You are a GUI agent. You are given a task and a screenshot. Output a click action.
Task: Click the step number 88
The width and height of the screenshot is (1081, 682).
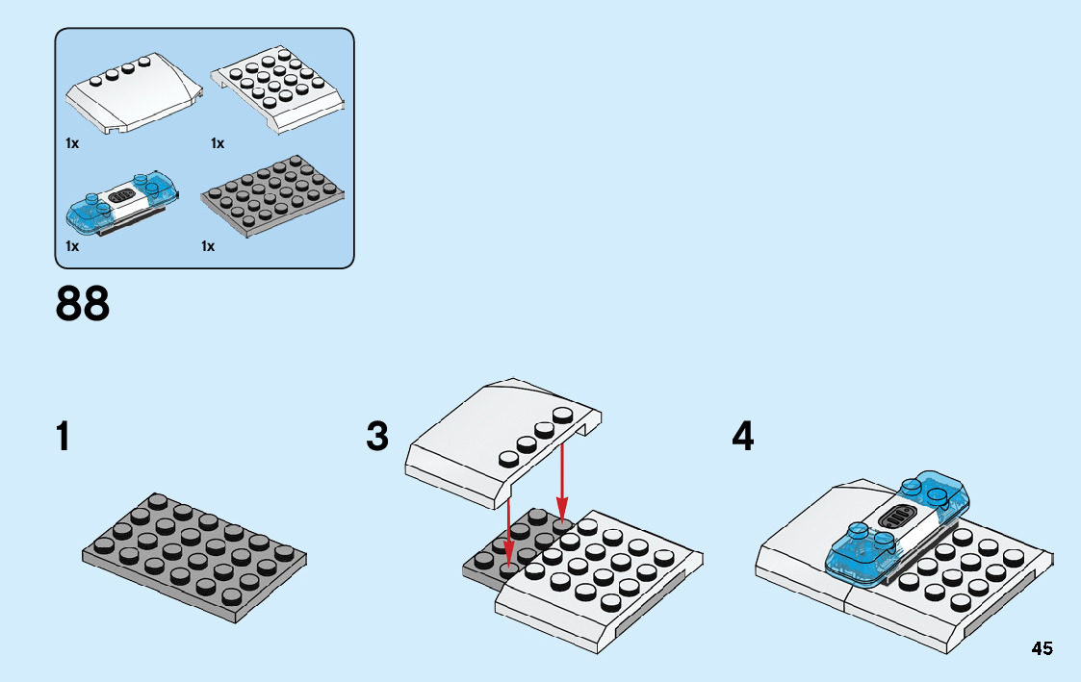[x=83, y=304]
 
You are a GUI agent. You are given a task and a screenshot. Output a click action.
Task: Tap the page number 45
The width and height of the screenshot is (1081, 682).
[x=1042, y=648]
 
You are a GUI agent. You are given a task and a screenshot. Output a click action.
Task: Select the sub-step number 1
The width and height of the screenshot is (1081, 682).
[x=64, y=438]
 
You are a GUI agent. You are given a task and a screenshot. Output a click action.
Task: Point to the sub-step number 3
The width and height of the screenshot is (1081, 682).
[x=377, y=438]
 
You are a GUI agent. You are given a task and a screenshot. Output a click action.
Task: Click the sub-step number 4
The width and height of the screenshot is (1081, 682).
[x=742, y=438]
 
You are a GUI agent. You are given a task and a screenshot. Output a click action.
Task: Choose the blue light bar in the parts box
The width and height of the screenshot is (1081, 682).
[x=121, y=203]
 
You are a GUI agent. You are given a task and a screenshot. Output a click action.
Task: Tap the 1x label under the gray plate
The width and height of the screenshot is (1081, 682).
[x=208, y=246]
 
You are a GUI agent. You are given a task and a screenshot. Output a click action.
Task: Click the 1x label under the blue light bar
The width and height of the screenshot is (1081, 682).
[x=71, y=246]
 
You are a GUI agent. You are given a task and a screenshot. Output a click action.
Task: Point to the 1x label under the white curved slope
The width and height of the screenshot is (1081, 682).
[x=71, y=143]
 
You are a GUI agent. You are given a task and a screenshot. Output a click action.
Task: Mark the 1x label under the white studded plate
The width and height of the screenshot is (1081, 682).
[x=218, y=143]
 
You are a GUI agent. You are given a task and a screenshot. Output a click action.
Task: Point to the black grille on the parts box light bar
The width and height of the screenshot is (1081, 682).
[x=121, y=195]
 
